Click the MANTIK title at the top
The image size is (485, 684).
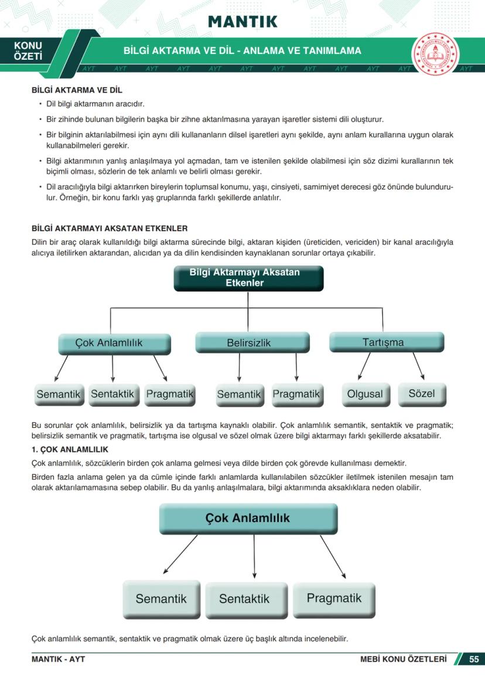(x=243, y=22)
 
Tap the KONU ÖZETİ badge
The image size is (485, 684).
(x=28, y=51)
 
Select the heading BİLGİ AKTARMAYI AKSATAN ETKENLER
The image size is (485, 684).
(x=109, y=228)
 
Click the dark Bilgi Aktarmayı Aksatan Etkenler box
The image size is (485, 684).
(x=248, y=278)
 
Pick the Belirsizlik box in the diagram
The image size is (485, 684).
(x=252, y=343)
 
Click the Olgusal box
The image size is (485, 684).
(x=364, y=394)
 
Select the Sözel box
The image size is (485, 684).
(x=422, y=393)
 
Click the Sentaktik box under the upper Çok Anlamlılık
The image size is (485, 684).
(x=113, y=394)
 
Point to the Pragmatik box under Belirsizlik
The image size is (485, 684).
(x=296, y=394)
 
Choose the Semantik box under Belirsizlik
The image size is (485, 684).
(x=238, y=394)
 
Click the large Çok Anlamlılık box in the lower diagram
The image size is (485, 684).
(x=248, y=519)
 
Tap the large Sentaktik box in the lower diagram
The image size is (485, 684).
(x=245, y=598)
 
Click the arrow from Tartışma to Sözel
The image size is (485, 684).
(x=418, y=366)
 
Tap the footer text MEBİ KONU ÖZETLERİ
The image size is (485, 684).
(x=403, y=659)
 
